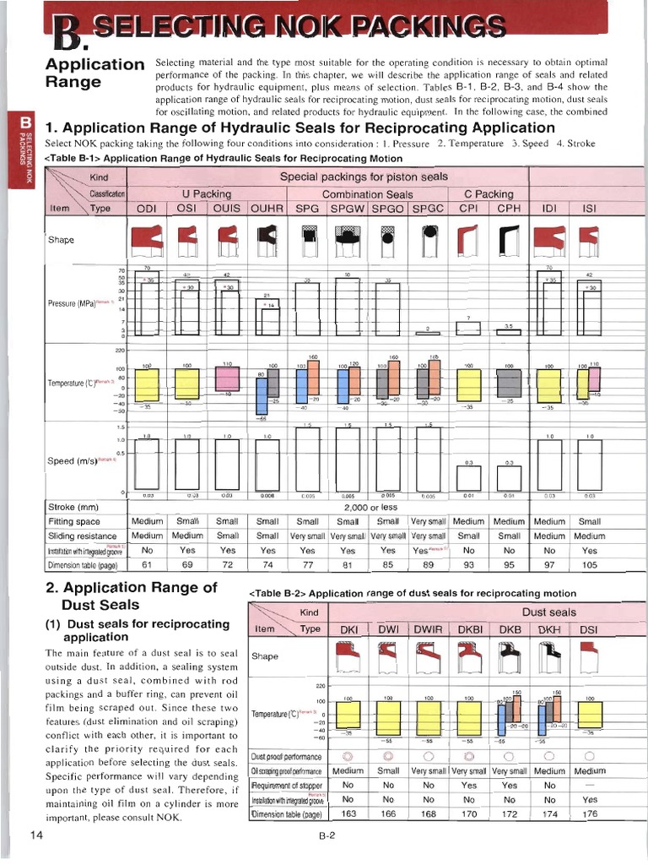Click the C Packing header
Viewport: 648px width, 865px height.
coord(489,193)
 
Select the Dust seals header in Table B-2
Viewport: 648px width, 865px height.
coord(548,612)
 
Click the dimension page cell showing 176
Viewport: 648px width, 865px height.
coord(590,813)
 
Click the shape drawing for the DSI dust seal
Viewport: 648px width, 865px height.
coord(590,656)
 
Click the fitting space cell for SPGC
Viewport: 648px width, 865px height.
coord(428,521)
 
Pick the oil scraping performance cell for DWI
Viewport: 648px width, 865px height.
coord(388,770)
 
